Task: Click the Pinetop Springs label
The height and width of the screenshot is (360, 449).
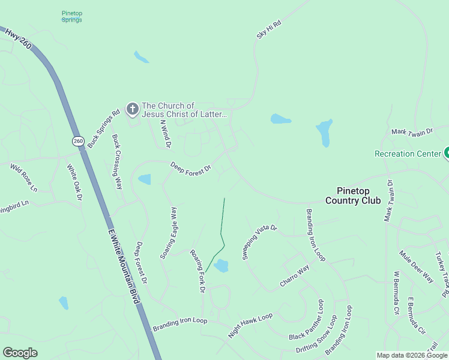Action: click(72, 16)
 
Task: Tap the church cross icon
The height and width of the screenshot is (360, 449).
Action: click(132, 109)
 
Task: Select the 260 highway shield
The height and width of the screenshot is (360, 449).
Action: click(78, 141)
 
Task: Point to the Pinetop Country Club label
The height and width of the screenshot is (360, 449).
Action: click(353, 196)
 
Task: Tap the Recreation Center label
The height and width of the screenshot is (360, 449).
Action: click(408, 154)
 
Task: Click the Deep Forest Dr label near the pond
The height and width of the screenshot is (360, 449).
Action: click(190, 167)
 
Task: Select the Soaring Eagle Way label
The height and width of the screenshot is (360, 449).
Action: click(169, 233)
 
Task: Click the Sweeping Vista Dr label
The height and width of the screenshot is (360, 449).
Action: click(259, 242)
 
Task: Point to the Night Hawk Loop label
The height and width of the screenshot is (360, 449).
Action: click(250, 325)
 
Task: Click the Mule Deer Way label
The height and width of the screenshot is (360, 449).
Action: click(416, 266)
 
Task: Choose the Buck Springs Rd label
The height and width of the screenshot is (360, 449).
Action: click(103, 130)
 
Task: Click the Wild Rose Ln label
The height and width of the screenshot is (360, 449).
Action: click(23, 178)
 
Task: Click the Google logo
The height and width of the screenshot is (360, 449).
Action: click(20, 353)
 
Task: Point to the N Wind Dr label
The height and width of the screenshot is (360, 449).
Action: click(166, 134)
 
